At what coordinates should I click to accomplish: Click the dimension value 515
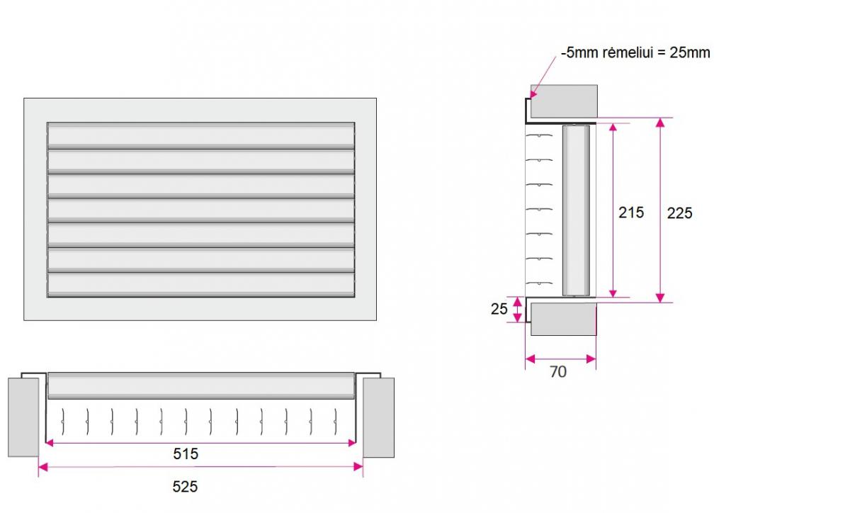tap(186, 453)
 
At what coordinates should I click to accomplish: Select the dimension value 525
tap(185, 486)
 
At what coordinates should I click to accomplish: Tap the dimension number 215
tap(631, 213)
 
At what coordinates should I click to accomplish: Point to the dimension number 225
tap(679, 213)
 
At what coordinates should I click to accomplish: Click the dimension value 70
tap(558, 372)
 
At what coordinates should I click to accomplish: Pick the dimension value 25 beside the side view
tap(499, 309)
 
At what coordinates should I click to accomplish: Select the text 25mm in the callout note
tap(690, 52)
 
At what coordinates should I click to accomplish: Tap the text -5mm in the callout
tap(579, 52)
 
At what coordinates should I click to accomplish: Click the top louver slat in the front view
tap(201, 135)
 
